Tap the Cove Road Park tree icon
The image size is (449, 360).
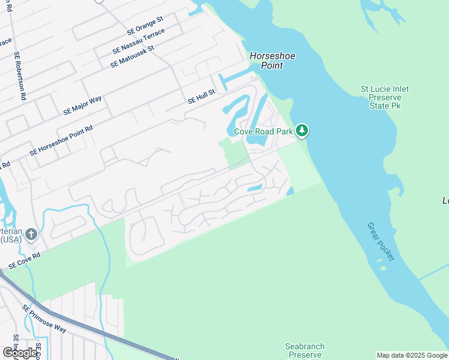(x=303, y=130)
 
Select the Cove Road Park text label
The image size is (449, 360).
(x=262, y=131)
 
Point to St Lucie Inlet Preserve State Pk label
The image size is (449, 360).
(x=385, y=97)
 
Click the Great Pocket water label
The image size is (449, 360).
(x=382, y=241)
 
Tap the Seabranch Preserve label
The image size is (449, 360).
(x=304, y=350)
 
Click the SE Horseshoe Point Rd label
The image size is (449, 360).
(x=61, y=142)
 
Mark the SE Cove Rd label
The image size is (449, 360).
(x=24, y=260)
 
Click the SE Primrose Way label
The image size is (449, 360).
(x=44, y=318)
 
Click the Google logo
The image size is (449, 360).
(x=20, y=353)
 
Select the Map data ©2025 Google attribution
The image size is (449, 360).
(x=412, y=355)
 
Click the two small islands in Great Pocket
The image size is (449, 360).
(x=382, y=263)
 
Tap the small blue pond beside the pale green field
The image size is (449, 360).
(x=291, y=191)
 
